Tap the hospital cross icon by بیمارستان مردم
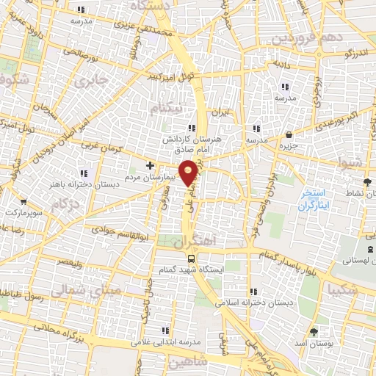(x=151, y=165)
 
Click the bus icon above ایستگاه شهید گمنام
(x=192, y=258)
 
